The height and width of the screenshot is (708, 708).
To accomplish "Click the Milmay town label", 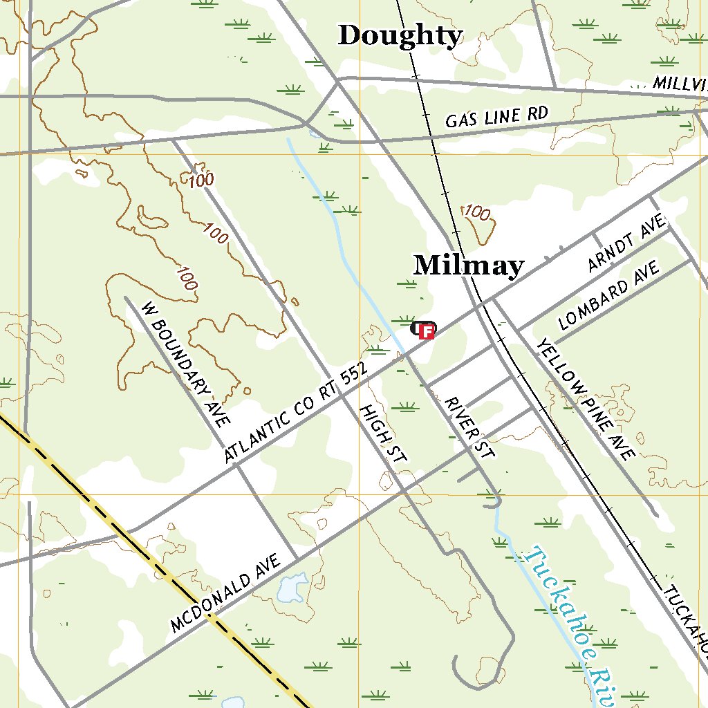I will [469, 265].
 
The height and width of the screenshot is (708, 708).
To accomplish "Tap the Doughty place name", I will [400, 35].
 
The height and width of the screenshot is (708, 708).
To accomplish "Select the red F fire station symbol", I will [427, 332].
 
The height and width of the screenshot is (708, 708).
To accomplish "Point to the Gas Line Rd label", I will [496, 116].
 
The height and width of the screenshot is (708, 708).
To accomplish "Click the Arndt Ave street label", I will [626, 242].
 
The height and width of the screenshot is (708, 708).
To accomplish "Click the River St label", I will [470, 427].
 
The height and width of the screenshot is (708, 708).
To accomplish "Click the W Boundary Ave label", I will [185, 363].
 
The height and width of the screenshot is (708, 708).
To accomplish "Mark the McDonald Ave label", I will [225, 593].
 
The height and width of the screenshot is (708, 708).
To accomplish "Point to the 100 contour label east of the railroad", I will [476, 212].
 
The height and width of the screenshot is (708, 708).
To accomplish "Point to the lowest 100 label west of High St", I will [186, 279].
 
